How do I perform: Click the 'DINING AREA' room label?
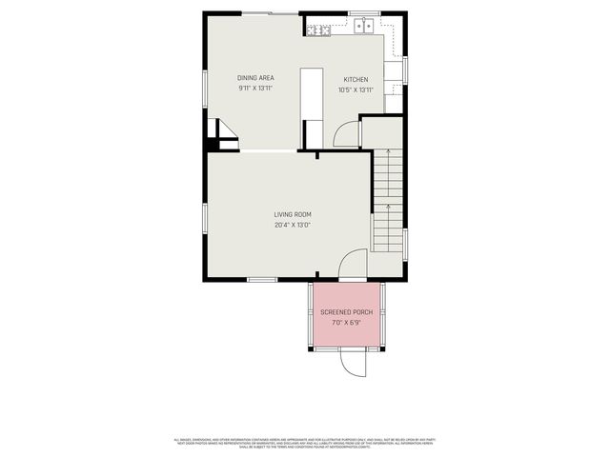click(255, 78)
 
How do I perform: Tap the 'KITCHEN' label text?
click(356, 80)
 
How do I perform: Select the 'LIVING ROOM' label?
click(293, 215)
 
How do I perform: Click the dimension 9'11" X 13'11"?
click(255, 89)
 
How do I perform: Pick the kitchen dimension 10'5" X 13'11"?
click(356, 90)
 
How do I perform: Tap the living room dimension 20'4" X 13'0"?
click(293, 226)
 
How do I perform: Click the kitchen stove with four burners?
click(318, 30)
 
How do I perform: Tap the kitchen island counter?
click(311, 95)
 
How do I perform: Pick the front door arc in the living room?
click(352, 263)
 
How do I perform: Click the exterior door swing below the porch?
click(352, 363)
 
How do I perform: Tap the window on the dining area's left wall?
click(205, 86)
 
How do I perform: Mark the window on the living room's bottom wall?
click(261, 279)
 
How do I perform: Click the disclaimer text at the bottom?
click(305, 443)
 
